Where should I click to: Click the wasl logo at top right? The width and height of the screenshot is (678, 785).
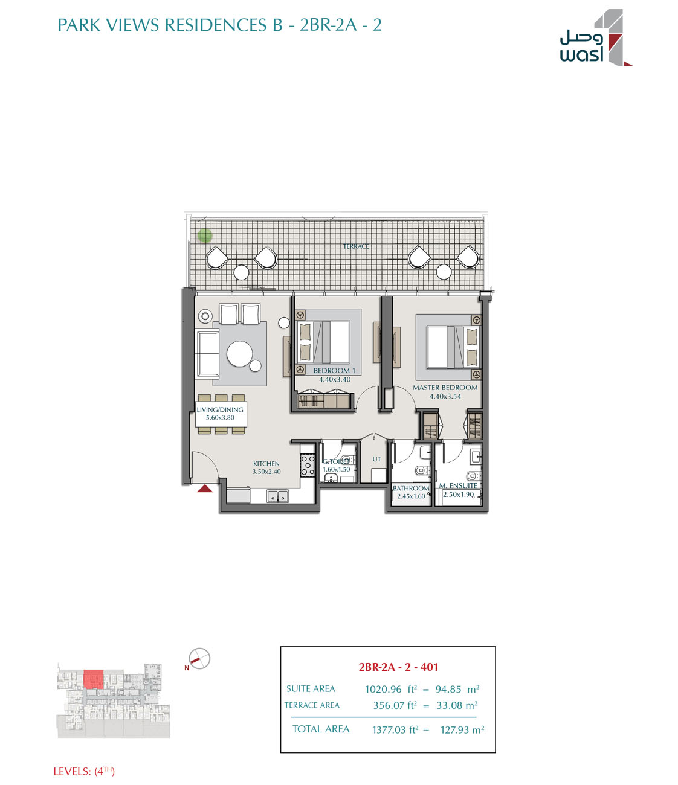point(596,37)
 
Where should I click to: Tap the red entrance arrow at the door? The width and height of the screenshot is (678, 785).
point(204,488)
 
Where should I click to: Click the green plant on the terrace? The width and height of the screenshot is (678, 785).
point(205,235)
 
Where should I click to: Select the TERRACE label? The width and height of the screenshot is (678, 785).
point(356,246)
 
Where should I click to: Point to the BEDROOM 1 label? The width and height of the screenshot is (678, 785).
point(334,370)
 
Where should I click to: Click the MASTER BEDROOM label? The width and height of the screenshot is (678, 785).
point(445,388)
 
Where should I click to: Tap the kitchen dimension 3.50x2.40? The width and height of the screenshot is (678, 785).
point(266,472)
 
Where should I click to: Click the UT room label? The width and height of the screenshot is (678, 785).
point(376,459)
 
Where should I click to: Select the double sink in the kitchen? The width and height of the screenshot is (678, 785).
point(277,496)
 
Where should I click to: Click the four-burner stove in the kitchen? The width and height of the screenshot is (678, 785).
point(308,466)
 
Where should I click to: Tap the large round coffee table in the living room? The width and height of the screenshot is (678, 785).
point(240,354)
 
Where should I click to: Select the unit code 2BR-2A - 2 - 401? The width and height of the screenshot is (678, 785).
point(398,667)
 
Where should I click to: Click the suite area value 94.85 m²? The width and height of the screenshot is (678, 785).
point(457,689)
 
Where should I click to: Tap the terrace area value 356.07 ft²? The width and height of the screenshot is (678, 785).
point(395,705)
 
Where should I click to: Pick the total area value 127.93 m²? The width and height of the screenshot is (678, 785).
point(462,729)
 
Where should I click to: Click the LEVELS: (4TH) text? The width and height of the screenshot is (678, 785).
point(84,771)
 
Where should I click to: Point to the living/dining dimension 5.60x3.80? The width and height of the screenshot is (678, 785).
point(220,418)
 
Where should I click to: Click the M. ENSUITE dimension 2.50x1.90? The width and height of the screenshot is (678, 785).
point(458,494)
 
